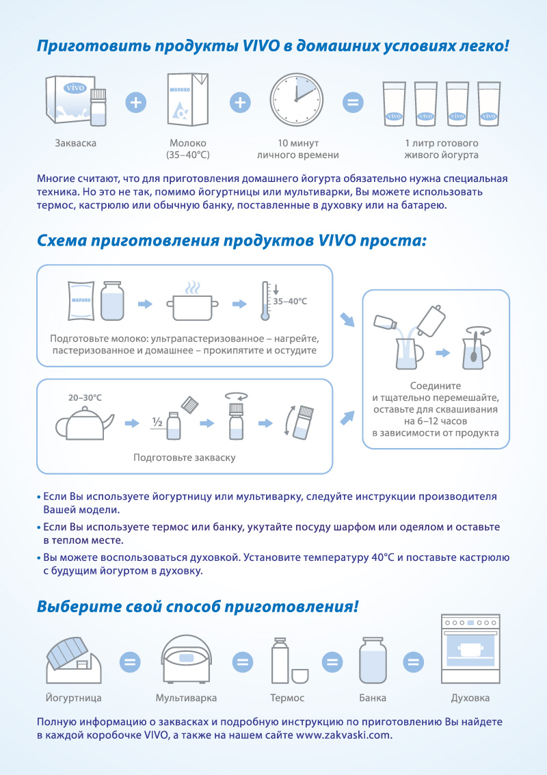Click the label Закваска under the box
[x=75, y=144]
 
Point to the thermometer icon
[x=264, y=300]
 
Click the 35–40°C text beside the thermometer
[x=290, y=301]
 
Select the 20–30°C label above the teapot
[x=85, y=397]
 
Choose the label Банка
[x=372, y=698]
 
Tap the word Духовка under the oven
[x=470, y=698]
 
